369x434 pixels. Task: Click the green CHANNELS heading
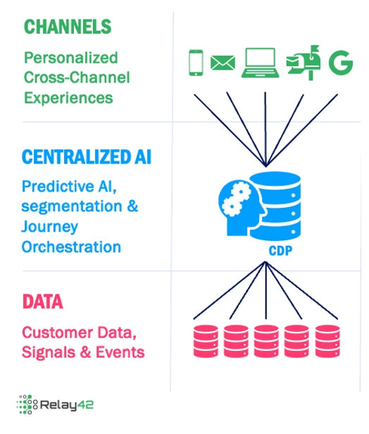[x=68, y=27]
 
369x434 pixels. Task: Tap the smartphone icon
[x=196, y=63]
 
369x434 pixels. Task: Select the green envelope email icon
[x=223, y=63]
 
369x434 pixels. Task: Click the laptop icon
[x=260, y=63]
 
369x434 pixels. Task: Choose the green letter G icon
[x=340, y=63]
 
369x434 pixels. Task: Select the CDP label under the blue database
[x=280, y=252]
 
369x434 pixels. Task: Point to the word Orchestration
[x=71, y=247]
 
